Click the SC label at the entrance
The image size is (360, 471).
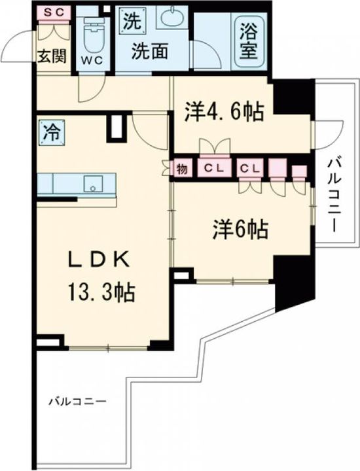50,12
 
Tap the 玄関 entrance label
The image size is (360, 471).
50,56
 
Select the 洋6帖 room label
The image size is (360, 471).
240,229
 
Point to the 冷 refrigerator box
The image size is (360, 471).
50,131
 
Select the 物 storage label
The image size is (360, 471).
181,169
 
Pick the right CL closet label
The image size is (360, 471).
250,169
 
